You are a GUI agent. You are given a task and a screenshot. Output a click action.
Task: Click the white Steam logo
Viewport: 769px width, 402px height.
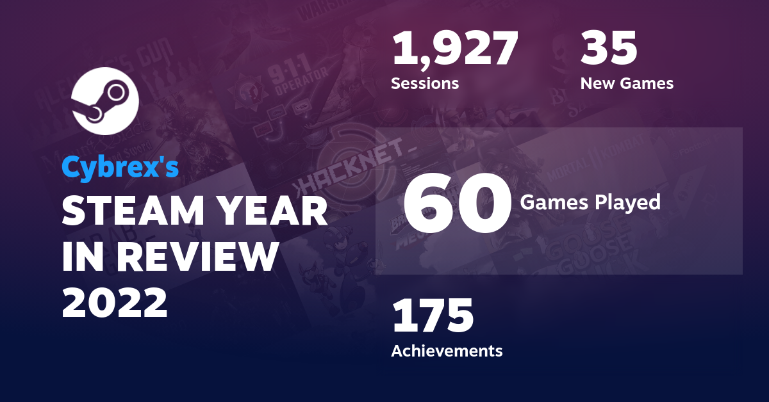point(106,100)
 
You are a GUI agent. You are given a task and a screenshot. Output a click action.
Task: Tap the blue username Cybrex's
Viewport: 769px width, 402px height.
point(120,167)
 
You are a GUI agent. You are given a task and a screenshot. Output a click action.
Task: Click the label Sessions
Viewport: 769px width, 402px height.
point(425,83)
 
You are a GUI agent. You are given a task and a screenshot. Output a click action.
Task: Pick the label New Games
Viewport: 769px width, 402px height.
point(627,83)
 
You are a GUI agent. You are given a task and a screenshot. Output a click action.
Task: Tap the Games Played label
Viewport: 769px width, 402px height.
point(590,202)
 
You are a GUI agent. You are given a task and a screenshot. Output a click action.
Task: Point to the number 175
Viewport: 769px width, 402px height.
point(433,315)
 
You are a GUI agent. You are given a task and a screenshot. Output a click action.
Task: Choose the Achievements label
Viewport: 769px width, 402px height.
point(447,351)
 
